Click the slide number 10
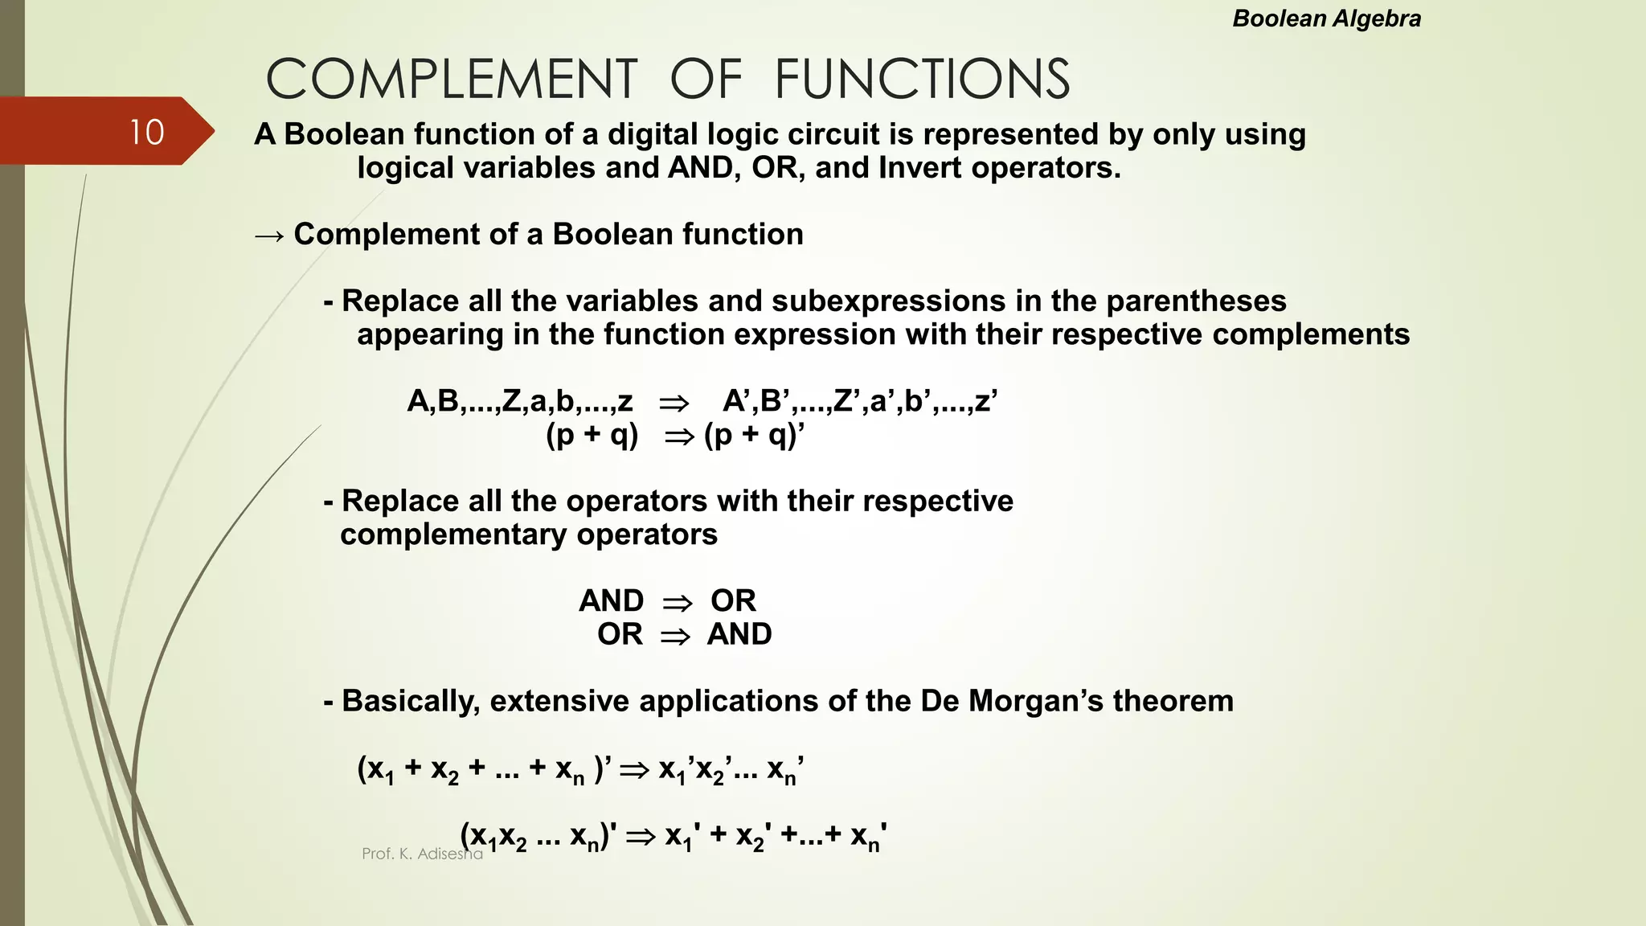point(146,133)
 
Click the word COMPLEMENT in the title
point(452,80)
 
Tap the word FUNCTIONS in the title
point(922,80)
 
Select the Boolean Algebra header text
point(1326,18)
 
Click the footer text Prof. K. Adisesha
point(422,854)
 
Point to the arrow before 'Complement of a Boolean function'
point(268,236)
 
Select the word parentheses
point(1196,301)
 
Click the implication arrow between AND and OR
point(677,602)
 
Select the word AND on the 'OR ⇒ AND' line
point(739,635)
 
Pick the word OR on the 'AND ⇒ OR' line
point(733,601)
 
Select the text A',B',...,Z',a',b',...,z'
point(860,401)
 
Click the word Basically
point(411,702)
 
